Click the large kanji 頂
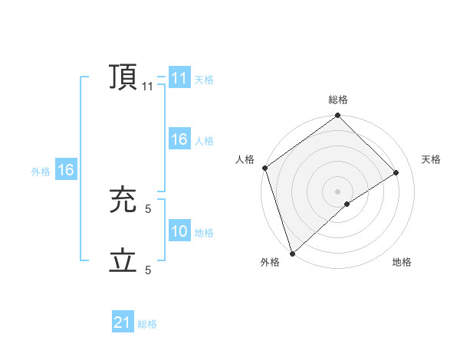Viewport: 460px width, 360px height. point(123,77)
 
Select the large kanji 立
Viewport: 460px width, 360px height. point(123,261)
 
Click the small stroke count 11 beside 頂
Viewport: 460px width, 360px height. point(148,87)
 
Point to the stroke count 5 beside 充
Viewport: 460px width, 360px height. point(148,208)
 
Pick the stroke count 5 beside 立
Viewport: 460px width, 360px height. point(148,270)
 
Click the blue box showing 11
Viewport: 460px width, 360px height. point(179,78)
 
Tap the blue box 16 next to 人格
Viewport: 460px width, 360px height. point(179,139)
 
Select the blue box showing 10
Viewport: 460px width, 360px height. point(179,231)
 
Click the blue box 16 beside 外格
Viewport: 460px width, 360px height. point(66,170)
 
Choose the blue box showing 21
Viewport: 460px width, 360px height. point(123,322)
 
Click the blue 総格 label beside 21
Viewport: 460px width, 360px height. point(147,324)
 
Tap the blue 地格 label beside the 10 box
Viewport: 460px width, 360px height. point(204,233)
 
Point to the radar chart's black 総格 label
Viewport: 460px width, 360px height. point(338,100)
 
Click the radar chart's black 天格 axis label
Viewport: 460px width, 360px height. point(431,159)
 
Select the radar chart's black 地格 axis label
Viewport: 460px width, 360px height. point(402,262)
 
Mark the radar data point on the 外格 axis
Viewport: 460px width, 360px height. point(292,254)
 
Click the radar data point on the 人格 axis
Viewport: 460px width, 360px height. point(264,168)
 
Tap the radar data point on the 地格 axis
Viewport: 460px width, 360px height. point(347,204)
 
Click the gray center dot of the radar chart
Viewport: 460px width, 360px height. point(337,191)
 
